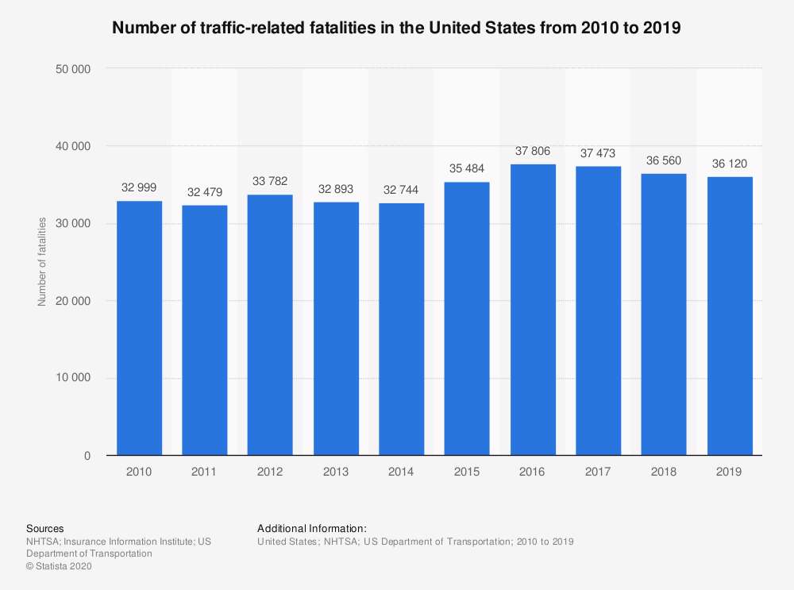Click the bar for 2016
click(x=533, y=310)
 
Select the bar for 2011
click(x=205, y=330)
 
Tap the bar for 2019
click(x=730, y=316)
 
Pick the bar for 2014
click(x=402, y=330)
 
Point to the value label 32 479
click(x=205, y=193)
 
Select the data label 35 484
click(x=467, y=170)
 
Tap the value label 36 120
click(x=730, y=164)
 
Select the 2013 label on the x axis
click(x=336, y=472)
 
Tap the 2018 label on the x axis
click(x=664, y=472)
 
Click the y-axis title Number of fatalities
click(x=41, y=261)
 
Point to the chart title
click(x=397, y=28)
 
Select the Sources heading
click(x=45, y=528)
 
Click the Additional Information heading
click(x=312, y=528)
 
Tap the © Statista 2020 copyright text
click(x=60, y=566)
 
